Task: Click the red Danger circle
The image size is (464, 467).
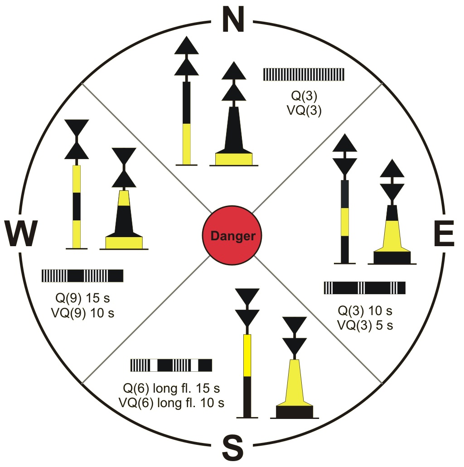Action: coord(232,235)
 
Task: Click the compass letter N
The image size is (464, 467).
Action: coord(233,19)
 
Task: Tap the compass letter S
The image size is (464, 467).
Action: coord(233,448)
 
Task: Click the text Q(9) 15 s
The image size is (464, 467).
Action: coord(83,298)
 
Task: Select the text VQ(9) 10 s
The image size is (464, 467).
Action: coord(83,313)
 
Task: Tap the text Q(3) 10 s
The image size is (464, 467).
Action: coord(365,311)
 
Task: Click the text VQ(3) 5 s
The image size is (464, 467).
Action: coord(365,325)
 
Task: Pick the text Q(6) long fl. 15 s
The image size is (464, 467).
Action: coord(171,388)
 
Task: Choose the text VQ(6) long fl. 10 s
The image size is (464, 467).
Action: coord(171,403)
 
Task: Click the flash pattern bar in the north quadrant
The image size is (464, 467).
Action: coord(304,74)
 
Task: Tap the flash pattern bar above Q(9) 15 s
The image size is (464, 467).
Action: coord(82,276)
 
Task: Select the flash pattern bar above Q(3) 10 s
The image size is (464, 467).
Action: coord(365,288)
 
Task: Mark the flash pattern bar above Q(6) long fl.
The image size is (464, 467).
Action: coord(171,365)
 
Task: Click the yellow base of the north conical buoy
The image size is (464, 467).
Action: coord(234,159)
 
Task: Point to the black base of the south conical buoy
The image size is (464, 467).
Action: coord(295,412)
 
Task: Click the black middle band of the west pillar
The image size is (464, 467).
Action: coord(77,206)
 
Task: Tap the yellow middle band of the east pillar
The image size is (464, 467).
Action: coord(345,222)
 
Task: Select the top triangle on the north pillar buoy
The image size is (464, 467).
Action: coord(186,46)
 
